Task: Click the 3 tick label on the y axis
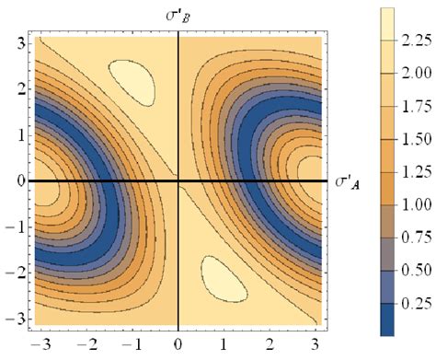coord(17,42)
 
